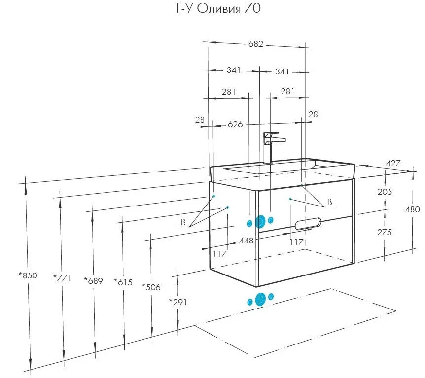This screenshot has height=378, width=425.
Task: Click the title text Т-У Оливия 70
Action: [x=218, y=8]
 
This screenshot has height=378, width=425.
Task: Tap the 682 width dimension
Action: [x=256, y=44]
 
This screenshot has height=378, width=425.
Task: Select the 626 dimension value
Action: [x=235, y=124]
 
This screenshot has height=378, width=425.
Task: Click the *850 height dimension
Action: [x=28, y=275]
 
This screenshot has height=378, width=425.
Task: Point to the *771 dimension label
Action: [x=62, y=278]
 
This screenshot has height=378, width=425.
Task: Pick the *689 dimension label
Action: [x=94, y=281]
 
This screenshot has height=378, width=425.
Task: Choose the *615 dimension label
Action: [x=123, y=282]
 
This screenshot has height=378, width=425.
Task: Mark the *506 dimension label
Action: [x=151, y=287]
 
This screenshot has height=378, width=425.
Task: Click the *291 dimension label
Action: [x=178, y=302]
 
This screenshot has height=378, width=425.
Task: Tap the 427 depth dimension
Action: [x=393, y=163]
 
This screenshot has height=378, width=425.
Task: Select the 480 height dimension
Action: [x=413, y=209]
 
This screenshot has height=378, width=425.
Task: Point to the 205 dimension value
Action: [x=385, y=192]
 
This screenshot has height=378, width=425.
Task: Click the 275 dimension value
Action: [x=385, y=232]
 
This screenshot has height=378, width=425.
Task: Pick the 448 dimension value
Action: [x=246, y=241]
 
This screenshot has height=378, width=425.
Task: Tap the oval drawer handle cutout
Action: [x=308, y=224]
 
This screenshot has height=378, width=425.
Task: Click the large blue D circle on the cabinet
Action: [x=260, y=222]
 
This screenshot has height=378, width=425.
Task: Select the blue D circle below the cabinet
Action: [x=260, y=299]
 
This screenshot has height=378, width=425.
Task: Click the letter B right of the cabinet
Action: [x=329, y=202]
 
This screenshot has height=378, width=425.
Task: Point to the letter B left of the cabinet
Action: [x=183, y=222]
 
